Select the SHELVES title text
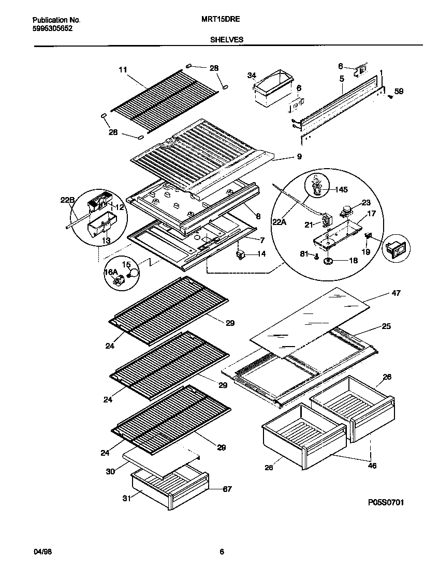227,39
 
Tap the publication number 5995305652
52,28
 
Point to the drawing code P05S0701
386,502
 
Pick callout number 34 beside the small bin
252,76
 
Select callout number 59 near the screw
399,92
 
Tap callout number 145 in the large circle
340,190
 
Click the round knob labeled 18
328,261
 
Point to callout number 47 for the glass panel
396,293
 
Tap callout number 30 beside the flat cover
110,472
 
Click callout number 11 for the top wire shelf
123,69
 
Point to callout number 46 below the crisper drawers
372,466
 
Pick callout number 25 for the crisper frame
386,326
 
